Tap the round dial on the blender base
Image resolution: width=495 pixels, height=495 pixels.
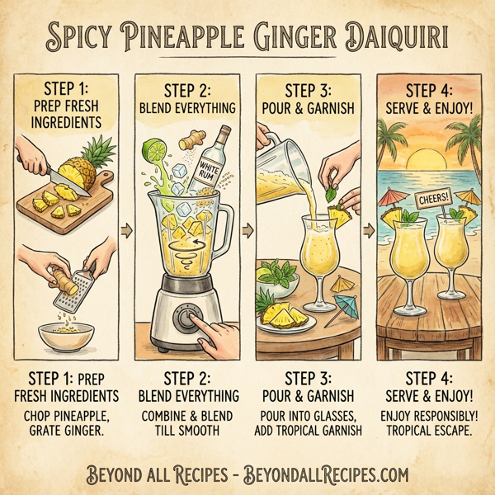(x=188, y=318)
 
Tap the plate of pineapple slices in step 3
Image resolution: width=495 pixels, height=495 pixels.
(x=282, y=317)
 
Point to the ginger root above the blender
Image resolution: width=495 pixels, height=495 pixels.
(x=197, y=134)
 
